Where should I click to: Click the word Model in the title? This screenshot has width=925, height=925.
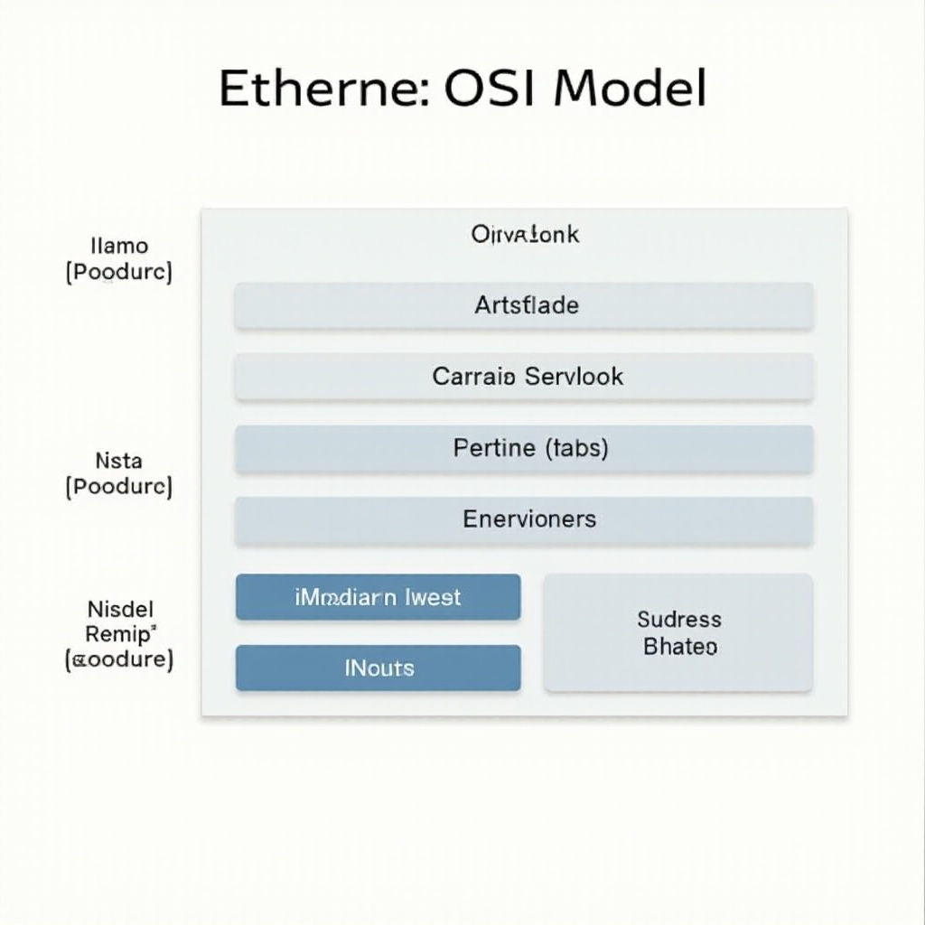tap(630, 89)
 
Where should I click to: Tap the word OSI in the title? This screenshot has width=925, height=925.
tap(488, 89)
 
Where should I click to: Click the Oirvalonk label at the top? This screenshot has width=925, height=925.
tap(525, 235)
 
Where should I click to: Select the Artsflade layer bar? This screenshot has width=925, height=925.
tap(524, 305)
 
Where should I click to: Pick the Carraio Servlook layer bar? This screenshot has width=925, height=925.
tap(524, 376)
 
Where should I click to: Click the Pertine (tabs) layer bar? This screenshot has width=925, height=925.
tap(524, 448)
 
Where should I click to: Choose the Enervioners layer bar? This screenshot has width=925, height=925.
tap(524, 519)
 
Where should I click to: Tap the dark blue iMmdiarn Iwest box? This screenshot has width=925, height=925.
tap(378, 597)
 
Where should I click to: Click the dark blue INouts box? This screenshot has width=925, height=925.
tap(378, 668)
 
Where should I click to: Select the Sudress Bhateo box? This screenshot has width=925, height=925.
tap(678, 632)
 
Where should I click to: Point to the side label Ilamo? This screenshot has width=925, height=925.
tap(119, 246)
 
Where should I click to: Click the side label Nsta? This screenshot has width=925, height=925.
tap(118, 462)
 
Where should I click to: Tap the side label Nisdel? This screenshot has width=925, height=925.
tap(120, 608)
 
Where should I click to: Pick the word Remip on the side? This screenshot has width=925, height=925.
tap(119, 633)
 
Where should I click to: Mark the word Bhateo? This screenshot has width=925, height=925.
tap(680, 647)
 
